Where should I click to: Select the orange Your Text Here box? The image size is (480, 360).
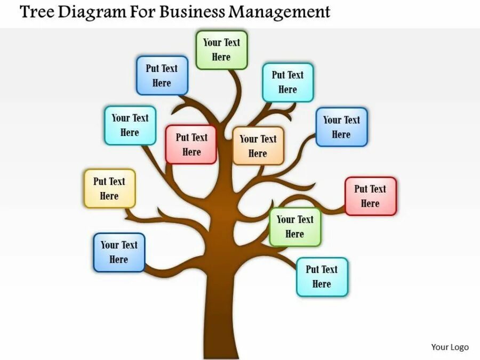click(258, 146)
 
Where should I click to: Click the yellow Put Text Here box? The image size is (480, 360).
click(109, 188)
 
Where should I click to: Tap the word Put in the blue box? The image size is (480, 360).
click(153, 68)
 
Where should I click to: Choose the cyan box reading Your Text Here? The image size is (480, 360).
click(130, 125)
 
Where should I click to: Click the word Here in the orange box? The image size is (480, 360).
click(258, 154)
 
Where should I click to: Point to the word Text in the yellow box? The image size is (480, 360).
click(117, 181)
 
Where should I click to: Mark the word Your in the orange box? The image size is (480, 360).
click(249, 139)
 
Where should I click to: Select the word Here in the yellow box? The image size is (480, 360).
click(109, 196)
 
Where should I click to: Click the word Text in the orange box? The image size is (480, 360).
click(268, 139)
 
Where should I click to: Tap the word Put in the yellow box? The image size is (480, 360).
click(100, 181)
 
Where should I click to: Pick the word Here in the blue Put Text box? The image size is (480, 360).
click(162, 83)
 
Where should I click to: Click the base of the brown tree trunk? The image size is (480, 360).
click(221, 352)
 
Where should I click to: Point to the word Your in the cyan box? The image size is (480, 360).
click(121, 118)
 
